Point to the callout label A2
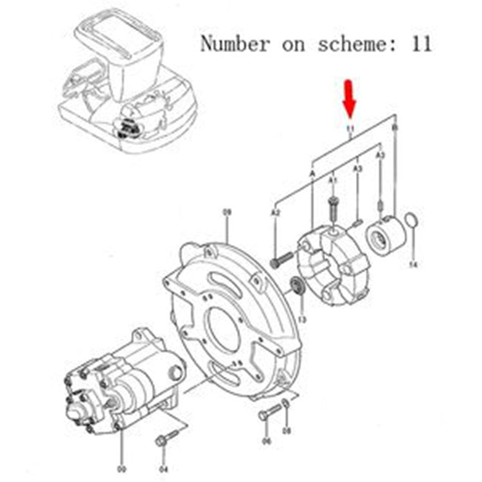pos(275,211)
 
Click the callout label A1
pos(332,182)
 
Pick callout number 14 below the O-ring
pos(413,264)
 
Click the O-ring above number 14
pos(413,222)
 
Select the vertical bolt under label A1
pos(332,208)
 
